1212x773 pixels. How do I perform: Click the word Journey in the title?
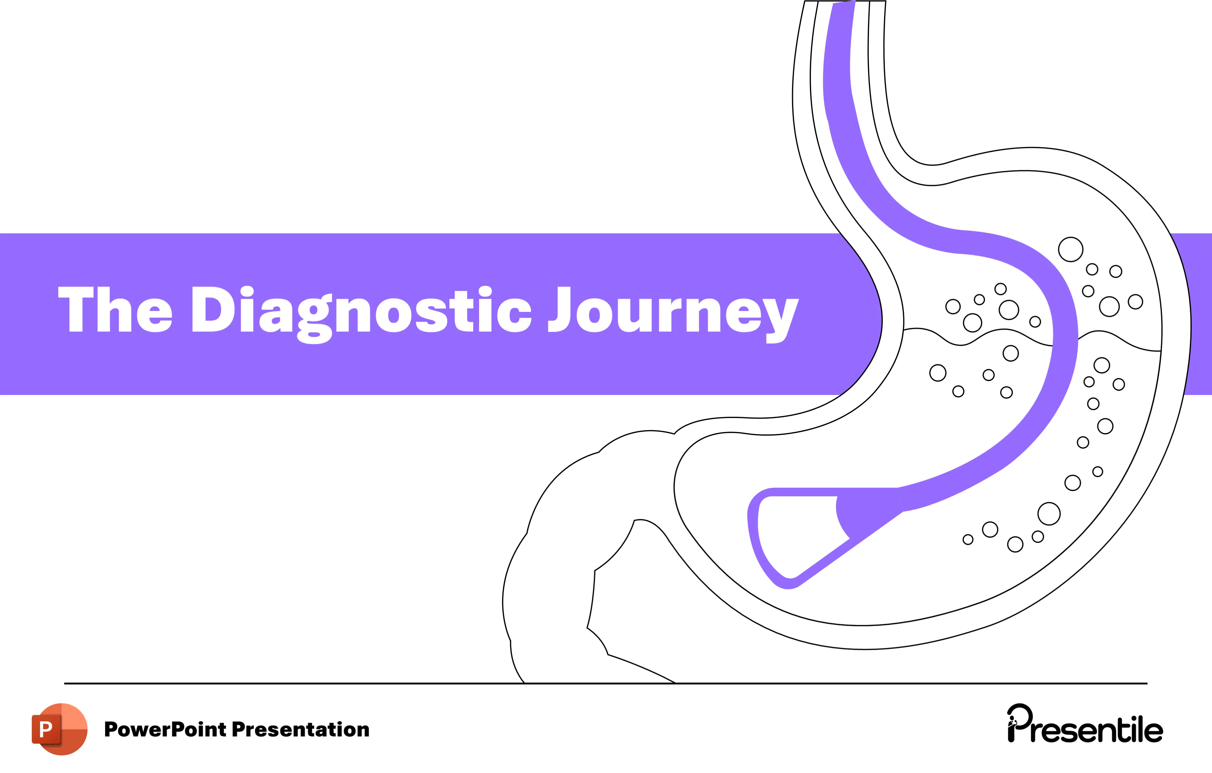coord(673,310)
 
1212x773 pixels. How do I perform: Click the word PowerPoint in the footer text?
coord(165,729)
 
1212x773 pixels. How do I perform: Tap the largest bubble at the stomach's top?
coord(1071,249)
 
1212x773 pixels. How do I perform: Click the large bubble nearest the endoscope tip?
coord(1049,514)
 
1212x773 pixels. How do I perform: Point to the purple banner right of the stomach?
coord(1200,312)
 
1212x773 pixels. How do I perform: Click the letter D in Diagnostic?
coord(213,309)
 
